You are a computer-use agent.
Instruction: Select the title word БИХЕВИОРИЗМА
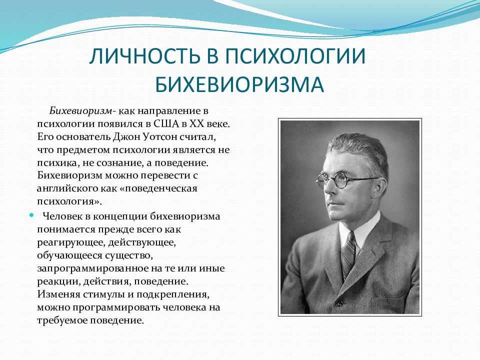tap(239, 84)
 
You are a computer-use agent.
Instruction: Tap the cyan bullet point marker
tap(31, 215)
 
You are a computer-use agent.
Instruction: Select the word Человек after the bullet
tap(63, 216)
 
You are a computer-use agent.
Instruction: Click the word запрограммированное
tap(92, 268)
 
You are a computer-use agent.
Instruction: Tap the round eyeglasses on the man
tap(340, 180)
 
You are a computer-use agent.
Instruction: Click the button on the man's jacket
tap(338, 303)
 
